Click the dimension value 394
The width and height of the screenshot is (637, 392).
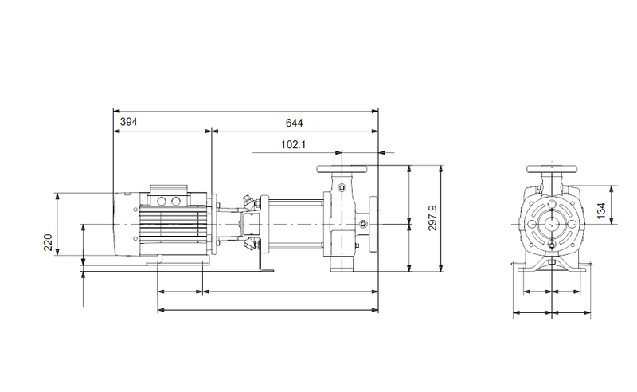point(129,122)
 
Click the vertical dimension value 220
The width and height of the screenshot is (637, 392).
point(48,241)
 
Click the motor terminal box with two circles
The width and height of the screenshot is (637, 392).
point(169,200)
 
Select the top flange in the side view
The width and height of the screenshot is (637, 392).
point(342,170)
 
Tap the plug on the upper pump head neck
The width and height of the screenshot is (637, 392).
point(342,187)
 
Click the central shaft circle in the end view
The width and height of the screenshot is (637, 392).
point(550,225)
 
